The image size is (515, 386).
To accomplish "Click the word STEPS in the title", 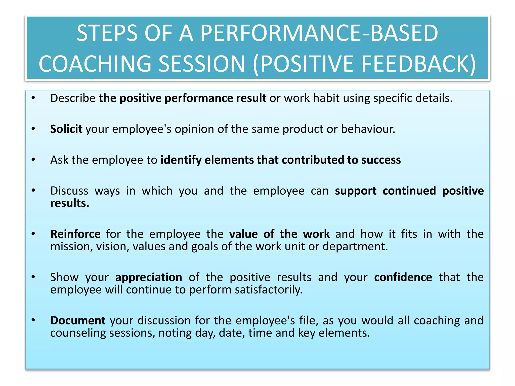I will click(x=107, y=33).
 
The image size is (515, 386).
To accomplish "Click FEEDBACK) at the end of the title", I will click(x=418, y=64).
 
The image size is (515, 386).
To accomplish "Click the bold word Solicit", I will click(x=66, y=129).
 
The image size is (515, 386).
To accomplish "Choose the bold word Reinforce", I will click(x=75, y=234).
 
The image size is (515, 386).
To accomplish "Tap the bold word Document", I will click(x=78, y=320).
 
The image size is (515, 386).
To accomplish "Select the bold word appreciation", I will click(x=149, y=277).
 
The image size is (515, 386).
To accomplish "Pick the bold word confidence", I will click(x=403, y=277).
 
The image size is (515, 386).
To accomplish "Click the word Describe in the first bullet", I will click(x=73, y=98).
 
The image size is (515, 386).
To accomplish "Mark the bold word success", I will click(x=381, y=160).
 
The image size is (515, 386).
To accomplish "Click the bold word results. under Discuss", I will click(x=70, y=203).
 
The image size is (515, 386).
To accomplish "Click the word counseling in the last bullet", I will click(x=78, y=333).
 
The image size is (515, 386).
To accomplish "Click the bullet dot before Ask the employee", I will click(x=33, y=160).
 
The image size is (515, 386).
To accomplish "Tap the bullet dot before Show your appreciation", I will click(x=33, y=277).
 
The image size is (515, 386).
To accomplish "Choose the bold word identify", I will click(x=181, y=160).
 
